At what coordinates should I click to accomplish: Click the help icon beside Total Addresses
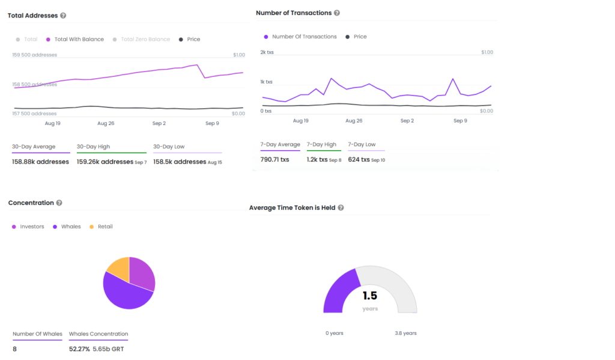[63, 16]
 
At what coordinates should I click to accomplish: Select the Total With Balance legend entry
[75, 39]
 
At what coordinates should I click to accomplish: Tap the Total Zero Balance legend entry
[141, 39]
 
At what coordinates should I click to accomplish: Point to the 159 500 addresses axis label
[34, 55]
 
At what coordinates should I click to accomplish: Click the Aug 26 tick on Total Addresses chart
[106, 123]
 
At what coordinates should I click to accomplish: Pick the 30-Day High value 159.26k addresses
[105, 162]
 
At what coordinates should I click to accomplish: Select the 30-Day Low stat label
[169, 147]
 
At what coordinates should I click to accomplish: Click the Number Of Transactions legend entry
[300, 37]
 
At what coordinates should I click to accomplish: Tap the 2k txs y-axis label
[267, 52]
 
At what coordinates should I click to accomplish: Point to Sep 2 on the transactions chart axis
[407, 121]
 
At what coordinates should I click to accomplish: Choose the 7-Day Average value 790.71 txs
[274, 160]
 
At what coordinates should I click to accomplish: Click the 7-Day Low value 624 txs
[359, 160]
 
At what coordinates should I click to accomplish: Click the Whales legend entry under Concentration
[67, 227]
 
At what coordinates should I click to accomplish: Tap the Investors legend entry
[28, 227]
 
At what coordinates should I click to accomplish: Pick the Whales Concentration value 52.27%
[79, 349]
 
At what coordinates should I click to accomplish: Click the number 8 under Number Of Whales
[14, 349]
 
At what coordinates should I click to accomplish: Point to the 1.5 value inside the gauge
[370, 296]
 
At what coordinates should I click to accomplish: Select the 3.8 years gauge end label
[405, 334]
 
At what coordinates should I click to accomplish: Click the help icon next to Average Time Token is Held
[341, 208]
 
